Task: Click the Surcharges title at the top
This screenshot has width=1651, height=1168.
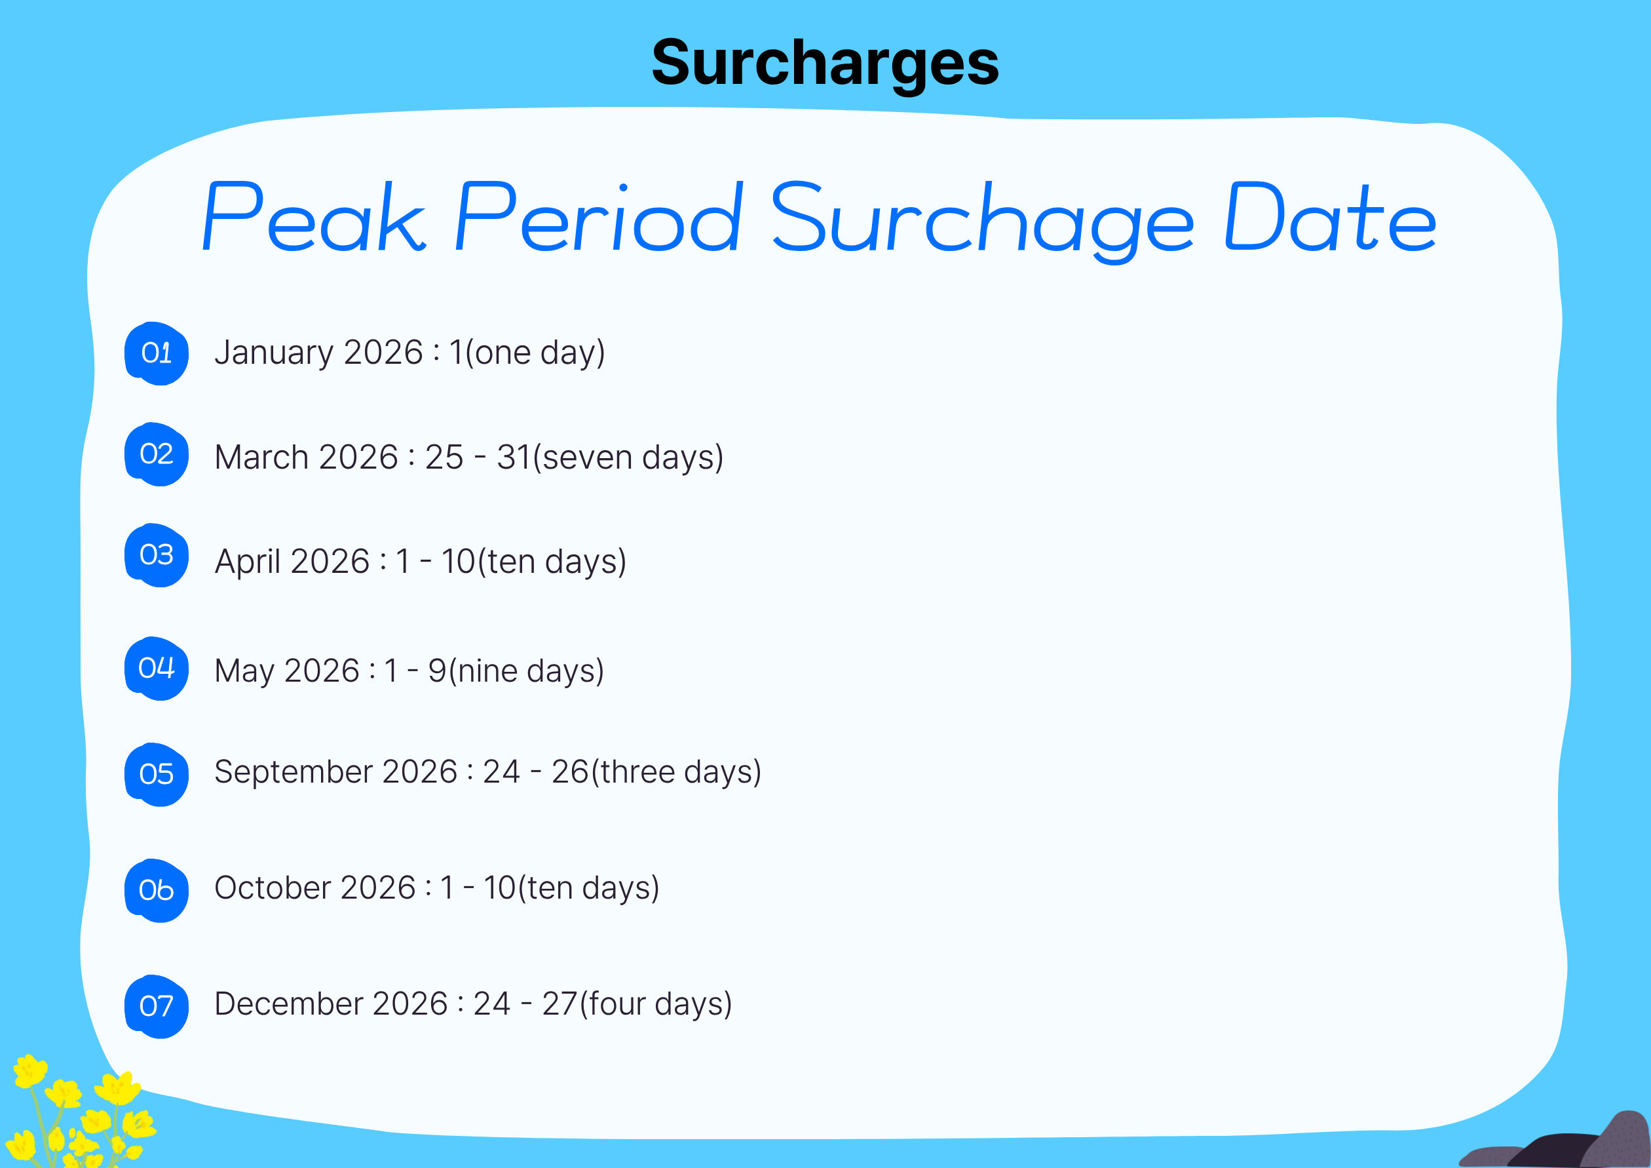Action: [825, 64]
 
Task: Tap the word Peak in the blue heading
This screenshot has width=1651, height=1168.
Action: [314, 216]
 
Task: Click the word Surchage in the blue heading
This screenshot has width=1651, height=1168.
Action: [981, 221]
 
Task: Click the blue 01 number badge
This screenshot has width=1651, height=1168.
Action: [157, 354]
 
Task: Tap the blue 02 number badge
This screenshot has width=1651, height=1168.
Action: [157, 454]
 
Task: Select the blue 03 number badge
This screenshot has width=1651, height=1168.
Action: [157, 555]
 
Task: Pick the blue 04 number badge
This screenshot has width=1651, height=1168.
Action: [157, 669]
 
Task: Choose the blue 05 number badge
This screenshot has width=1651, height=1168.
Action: [157, 775]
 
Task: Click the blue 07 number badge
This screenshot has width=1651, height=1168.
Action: [157, 1007]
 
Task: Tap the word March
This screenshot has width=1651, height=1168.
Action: [262, 457]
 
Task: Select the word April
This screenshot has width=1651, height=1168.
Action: [248, 562]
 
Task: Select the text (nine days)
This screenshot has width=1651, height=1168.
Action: [525, 672]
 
